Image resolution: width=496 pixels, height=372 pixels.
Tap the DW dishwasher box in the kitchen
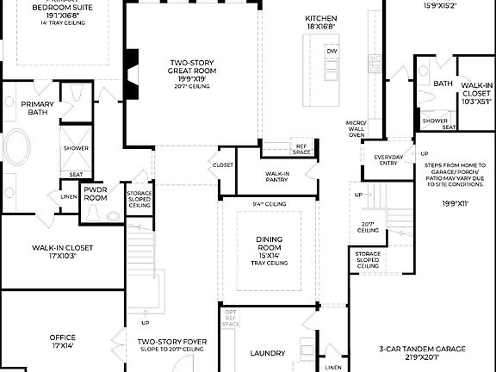(x=332, y=52)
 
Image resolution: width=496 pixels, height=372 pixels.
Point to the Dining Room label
(x=270, y=246)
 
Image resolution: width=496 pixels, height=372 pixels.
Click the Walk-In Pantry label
(x=277, y=177)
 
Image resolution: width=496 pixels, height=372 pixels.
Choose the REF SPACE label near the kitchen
(x=301, y=149)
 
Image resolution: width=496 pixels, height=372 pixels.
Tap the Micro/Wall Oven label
(x=356, y=129)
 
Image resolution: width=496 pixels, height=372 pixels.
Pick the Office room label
(x=62, y=341)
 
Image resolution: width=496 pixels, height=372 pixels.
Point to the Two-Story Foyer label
(x=170, y=345)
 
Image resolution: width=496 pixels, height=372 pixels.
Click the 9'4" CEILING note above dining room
(x=269, y=204)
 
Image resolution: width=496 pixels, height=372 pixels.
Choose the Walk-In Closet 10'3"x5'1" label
(x=476, y=93)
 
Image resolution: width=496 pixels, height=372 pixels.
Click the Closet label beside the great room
(x=223, y=164)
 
